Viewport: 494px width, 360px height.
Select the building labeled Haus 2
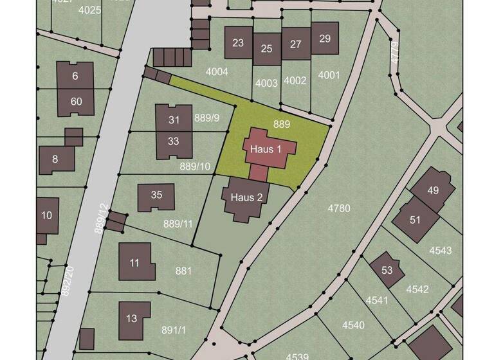(246, 197)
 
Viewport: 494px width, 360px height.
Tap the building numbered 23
(238, 43)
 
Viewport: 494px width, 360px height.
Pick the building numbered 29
(325, 39)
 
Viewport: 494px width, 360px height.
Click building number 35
(156, 195)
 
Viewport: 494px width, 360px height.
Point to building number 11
(135, 262)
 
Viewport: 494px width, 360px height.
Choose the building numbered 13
(133, 318)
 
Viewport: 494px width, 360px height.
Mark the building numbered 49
(432, 190)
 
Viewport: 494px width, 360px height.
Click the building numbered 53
(387, 270)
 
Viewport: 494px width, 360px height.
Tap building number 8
(55, 159)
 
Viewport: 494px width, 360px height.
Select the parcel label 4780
(339, 208)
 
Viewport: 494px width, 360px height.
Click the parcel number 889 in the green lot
(282, 123)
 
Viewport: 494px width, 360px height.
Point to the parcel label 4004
(217, 71)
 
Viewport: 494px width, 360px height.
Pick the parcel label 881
(183, 271)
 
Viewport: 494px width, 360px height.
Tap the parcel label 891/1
(174, 330)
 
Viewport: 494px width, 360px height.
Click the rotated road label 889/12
(100, 219)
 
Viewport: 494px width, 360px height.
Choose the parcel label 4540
(353, 325)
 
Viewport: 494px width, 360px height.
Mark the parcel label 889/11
(178, 224)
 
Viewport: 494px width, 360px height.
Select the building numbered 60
(77, 102)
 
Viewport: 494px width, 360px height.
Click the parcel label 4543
(441, 250)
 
